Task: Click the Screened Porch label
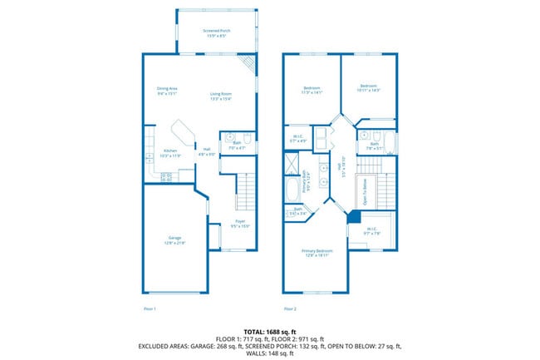(217, 33)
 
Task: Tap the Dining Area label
(168, 91)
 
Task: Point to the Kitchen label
(169, 153)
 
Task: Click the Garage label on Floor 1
(174, 239)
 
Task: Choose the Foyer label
(239, 224)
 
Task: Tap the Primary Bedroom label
(317, 252)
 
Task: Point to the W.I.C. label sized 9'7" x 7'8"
(371, 230)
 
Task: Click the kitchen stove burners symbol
(166, 176)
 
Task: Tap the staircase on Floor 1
(243, 192)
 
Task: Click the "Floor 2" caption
(290, 308)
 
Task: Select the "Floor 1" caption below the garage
(150, 308)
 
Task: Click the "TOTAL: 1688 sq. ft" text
(270, 331)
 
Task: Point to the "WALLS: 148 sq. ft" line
(270, 353)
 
